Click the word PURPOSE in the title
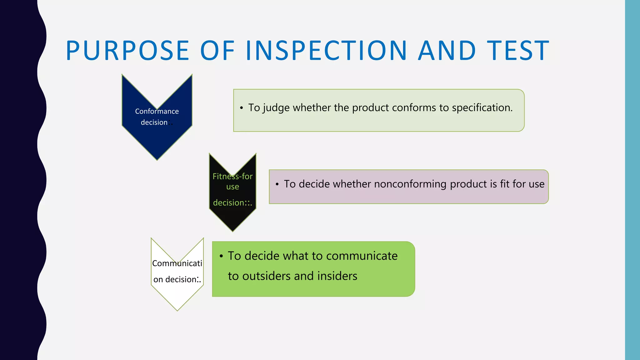127,51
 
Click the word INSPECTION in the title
326,51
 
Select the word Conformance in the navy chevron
157,111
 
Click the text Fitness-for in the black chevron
232,176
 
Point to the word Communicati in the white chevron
177,263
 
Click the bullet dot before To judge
241,108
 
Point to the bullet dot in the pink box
277,184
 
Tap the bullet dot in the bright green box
221,256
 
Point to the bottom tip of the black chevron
232,230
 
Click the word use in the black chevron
232,187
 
